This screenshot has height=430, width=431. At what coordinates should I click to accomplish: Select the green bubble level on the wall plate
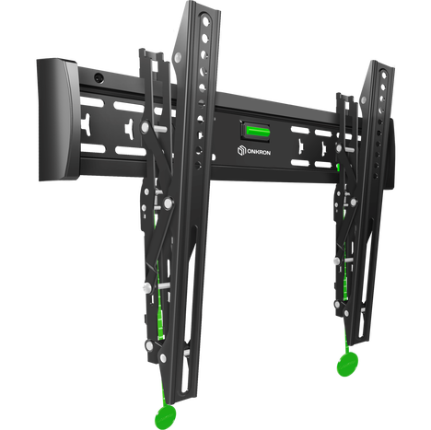(256, 128)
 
